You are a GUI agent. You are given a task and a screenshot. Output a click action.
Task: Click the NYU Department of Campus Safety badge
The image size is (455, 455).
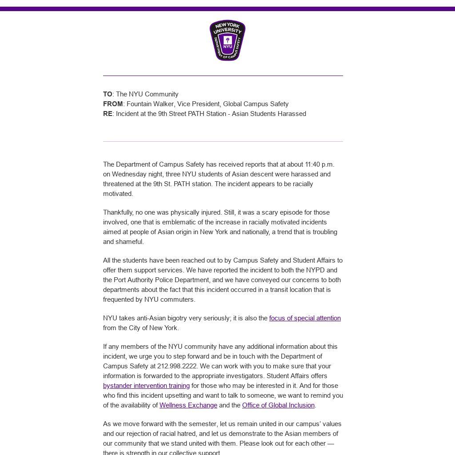coord(227,40)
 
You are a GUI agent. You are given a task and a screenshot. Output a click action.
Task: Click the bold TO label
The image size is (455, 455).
coord(108,94)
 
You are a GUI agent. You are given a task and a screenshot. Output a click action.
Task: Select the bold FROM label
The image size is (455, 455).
coord(113,104)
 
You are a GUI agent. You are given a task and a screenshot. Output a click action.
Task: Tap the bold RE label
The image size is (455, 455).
coord(108,114)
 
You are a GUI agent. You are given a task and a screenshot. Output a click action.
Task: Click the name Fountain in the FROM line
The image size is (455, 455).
coord(140,104)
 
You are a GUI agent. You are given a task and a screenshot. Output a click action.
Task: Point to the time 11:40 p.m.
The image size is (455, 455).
coord(319,164)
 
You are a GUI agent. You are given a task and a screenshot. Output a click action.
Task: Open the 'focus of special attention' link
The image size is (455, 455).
coord(305,318)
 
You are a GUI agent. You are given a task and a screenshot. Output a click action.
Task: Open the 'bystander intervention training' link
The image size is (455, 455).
coord(146,386)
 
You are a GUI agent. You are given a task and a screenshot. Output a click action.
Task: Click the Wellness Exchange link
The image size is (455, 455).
coord(188,405)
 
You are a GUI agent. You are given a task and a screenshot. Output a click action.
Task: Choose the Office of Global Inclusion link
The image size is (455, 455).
coord(278,405)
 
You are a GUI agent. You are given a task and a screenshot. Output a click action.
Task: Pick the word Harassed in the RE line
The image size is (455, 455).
coord(292,114)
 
